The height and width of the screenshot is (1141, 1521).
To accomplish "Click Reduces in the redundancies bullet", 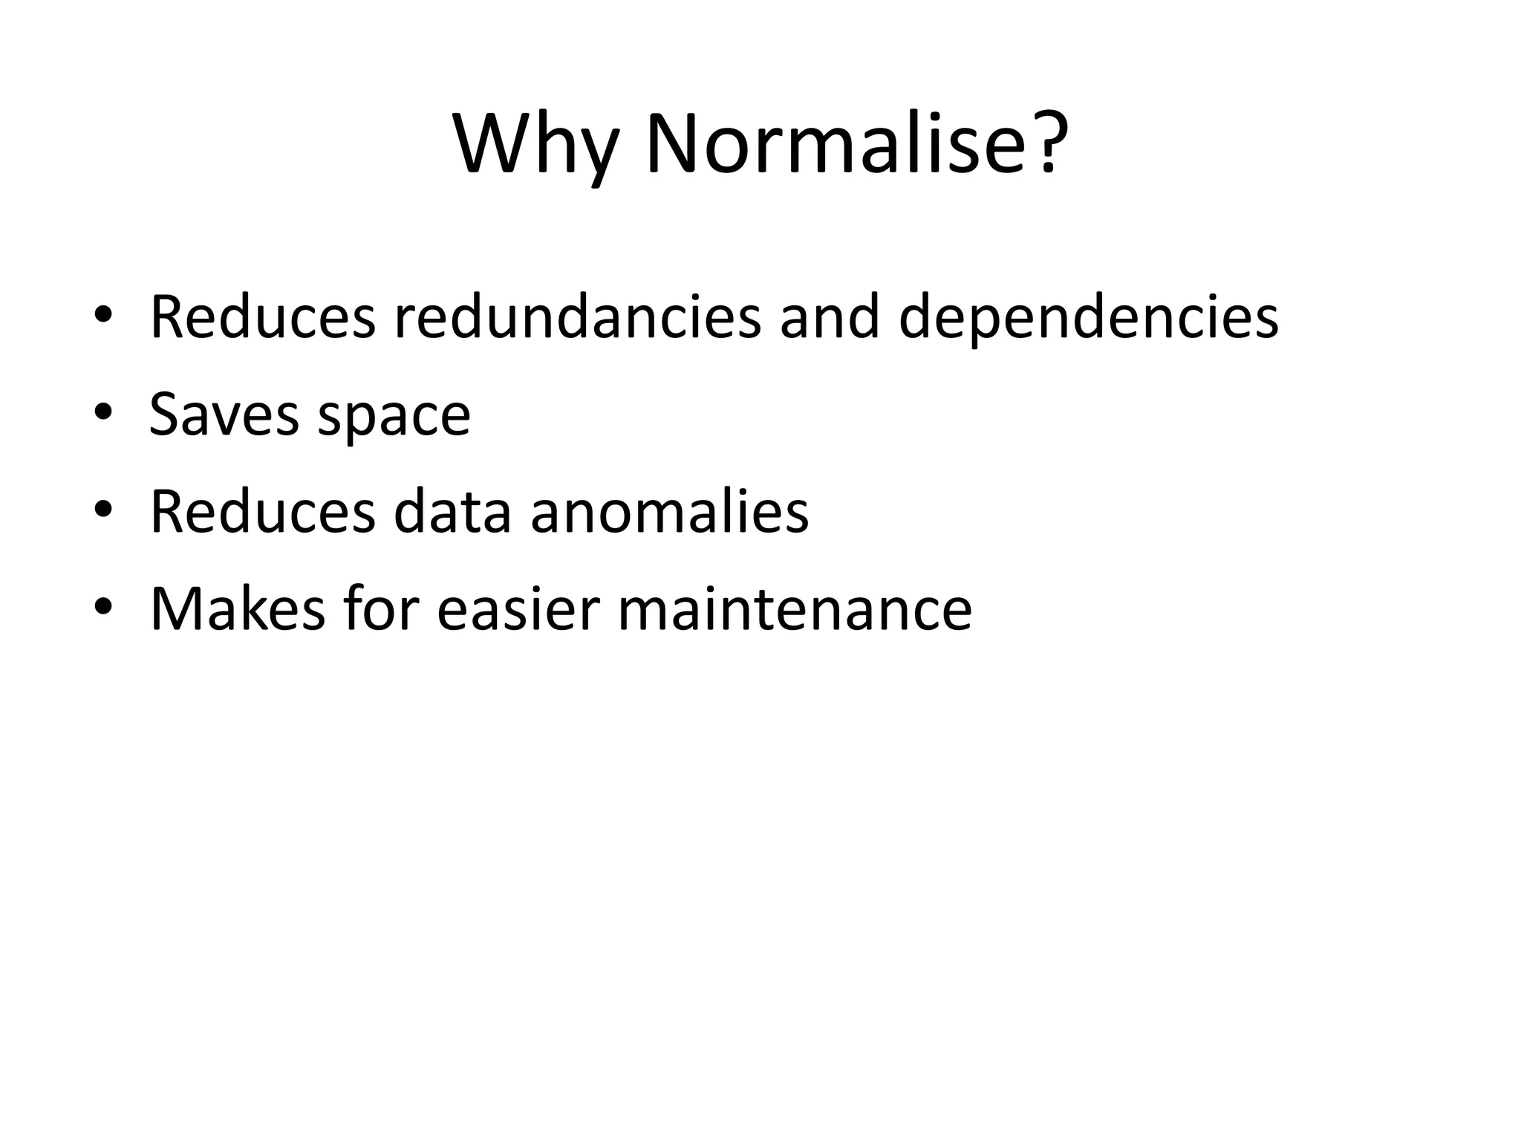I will (x=263, y=317).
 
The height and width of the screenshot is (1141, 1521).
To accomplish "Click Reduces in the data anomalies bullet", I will (x=263, y=512).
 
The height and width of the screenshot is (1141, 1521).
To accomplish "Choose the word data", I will (x=452, y=512).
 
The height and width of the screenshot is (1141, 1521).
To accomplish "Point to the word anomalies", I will (x=669, y=512).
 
